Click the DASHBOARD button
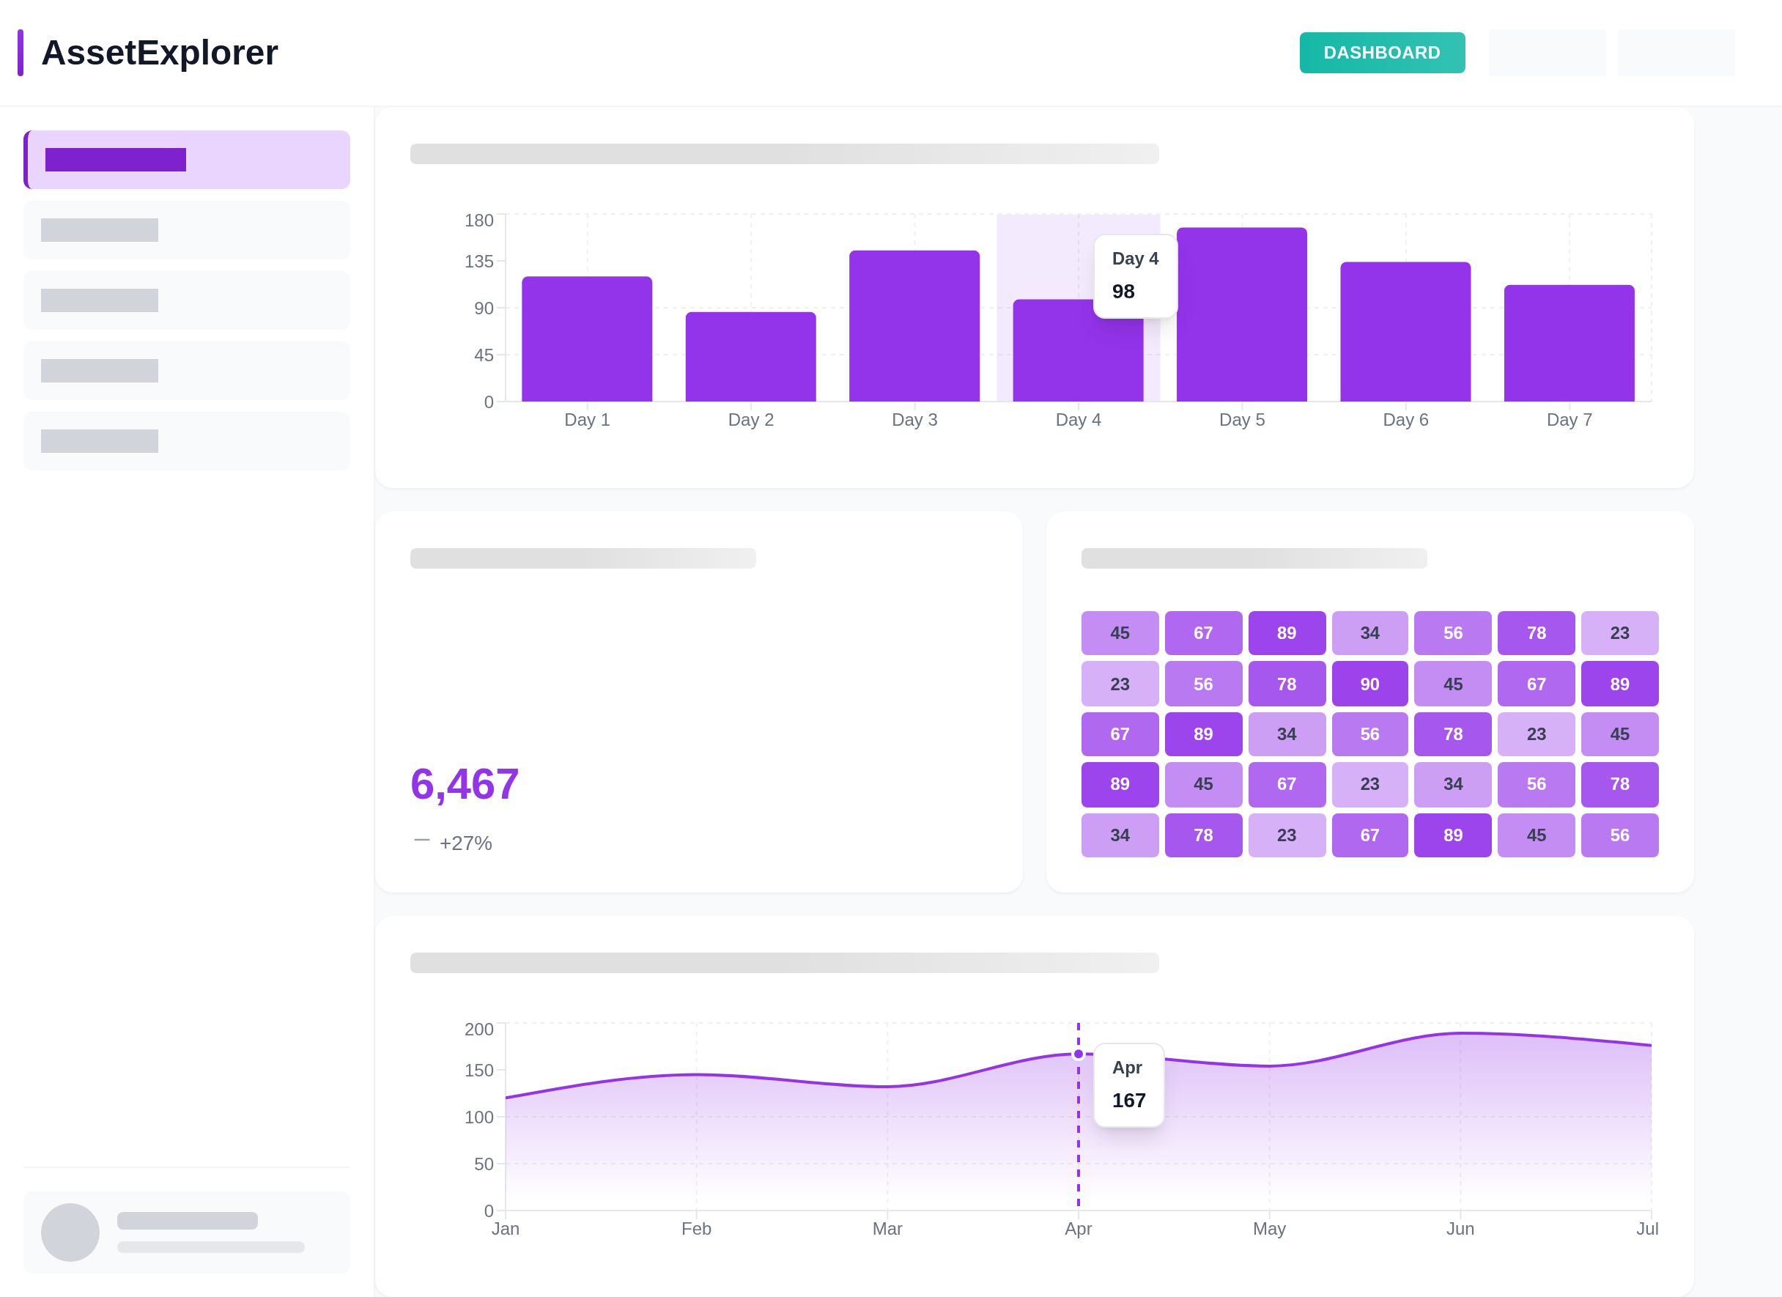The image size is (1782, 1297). pos(1381,53)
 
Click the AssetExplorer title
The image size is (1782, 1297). pos(160,53)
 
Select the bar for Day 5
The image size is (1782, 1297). pos(1241,314)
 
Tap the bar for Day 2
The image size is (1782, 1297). pos(750,357)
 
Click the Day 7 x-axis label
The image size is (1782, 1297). pos(1568,419)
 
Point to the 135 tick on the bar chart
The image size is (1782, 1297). pos(478,261)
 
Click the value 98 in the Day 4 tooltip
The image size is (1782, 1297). pos(1123,292)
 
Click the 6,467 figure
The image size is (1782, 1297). pos(465,783)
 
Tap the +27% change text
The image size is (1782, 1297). pos(465,843)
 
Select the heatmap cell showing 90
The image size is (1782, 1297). pos(1369,684)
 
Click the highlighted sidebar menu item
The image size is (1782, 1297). pos(187,160)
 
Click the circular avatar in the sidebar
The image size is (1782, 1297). pos(70,1232)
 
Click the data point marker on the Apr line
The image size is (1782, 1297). pos(1078,1054)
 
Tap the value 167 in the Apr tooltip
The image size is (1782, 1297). pos(1128,1100)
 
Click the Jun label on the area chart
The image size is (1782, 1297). pos(1460,1229)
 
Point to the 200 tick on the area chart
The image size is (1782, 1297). pos(478,1029)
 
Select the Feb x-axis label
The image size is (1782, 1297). pos(696,1229)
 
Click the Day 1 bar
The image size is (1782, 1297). pos(587,339)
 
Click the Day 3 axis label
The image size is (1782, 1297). pos(914,419)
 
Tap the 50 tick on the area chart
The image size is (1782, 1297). pos(483,1164)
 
